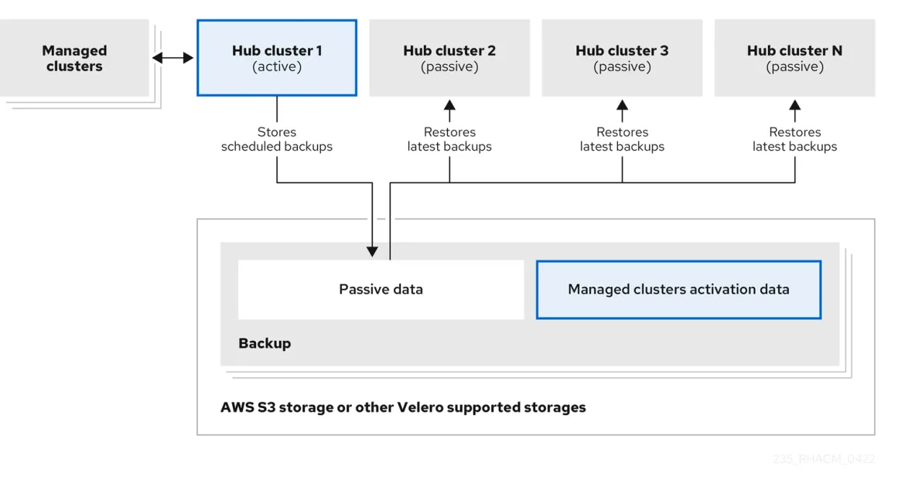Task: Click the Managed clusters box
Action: click(74, 58)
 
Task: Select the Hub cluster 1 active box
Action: click(277, 58)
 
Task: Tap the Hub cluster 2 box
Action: click(449, 58)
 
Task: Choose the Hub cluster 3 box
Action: click(622, 58)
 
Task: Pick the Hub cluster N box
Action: click(794, 58)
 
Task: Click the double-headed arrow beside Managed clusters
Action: click(172, 58)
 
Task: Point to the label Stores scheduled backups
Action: click(277, 139)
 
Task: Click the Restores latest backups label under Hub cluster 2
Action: click(449, 139)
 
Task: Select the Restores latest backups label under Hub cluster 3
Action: click(622, 139)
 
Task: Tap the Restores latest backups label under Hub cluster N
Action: click(794, 139)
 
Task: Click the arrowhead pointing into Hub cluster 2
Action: click(449, 105)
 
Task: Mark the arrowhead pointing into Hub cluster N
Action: click(794, 105)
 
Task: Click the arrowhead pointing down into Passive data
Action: click(372, 251)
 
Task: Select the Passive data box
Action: click(381, 290)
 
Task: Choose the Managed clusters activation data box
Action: click(678, 290)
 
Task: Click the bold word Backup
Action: click(265, 343)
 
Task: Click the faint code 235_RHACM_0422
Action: click(823, 459)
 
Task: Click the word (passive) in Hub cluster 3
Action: click(622, 67)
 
